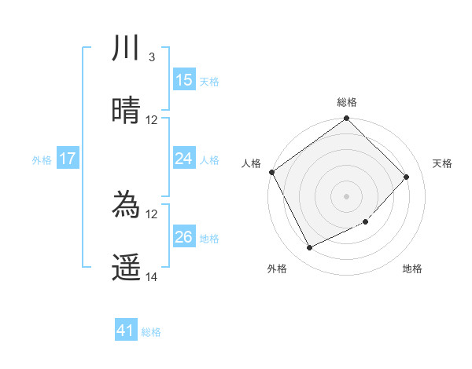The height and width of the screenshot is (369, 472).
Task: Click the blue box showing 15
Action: [x=184, y=80]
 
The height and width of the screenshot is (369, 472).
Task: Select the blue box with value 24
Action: [x=184, y=159]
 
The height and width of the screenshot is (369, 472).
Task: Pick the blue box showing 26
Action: [x=184, y=237]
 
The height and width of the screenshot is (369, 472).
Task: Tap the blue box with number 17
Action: [x=68, y=159]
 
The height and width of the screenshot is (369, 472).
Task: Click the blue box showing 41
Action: [x=126, y=331]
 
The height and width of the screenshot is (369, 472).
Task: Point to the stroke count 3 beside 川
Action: [x=151, y=57]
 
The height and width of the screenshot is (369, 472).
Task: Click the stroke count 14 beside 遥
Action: [x=152, y=277]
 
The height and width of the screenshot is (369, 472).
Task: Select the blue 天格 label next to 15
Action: [x=209, y=81]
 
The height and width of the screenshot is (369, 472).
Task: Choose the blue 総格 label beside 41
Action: [x=151, y=332]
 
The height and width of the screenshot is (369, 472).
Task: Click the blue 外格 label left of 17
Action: [x=42, y=159]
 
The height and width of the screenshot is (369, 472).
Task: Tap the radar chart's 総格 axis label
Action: [x=346, y=102]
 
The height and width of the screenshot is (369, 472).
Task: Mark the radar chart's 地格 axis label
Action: [x=412, y=269]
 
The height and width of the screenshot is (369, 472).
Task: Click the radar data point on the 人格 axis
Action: [x=271, y=172]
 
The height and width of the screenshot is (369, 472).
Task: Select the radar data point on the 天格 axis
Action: [x=407, y=177]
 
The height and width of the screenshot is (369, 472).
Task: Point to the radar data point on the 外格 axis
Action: [x=309, y=248]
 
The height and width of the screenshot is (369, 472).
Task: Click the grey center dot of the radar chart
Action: [x=346, y=196]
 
